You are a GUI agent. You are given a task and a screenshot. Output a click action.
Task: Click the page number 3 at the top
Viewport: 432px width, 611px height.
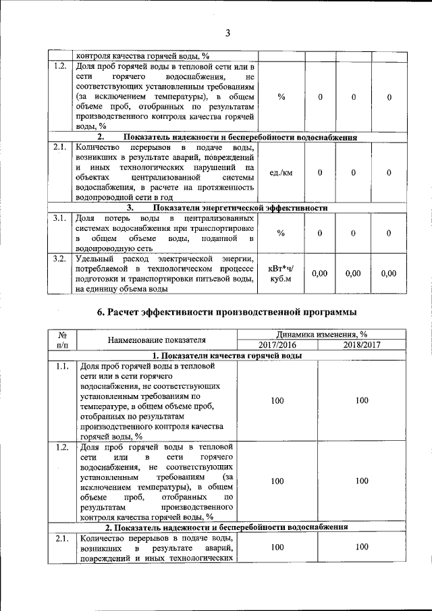227,32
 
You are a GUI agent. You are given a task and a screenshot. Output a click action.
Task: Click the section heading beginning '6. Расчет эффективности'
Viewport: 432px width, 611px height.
227,312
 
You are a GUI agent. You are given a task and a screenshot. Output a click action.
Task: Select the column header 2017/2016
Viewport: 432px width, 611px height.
277,344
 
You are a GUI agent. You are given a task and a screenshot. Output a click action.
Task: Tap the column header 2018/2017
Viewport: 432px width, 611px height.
362,344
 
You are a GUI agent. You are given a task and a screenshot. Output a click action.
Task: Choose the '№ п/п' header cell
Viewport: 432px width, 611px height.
61,339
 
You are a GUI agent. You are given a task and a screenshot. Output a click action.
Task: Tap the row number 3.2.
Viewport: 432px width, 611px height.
59,258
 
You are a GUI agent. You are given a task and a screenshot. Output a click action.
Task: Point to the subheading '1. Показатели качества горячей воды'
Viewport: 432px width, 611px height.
227,355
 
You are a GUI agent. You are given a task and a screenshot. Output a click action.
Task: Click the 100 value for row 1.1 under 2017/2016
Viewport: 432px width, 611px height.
277,400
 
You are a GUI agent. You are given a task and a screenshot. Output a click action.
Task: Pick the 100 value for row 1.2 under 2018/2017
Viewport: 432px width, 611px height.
362,481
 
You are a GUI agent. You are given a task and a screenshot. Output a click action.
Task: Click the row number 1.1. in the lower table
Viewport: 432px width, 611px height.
61,366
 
